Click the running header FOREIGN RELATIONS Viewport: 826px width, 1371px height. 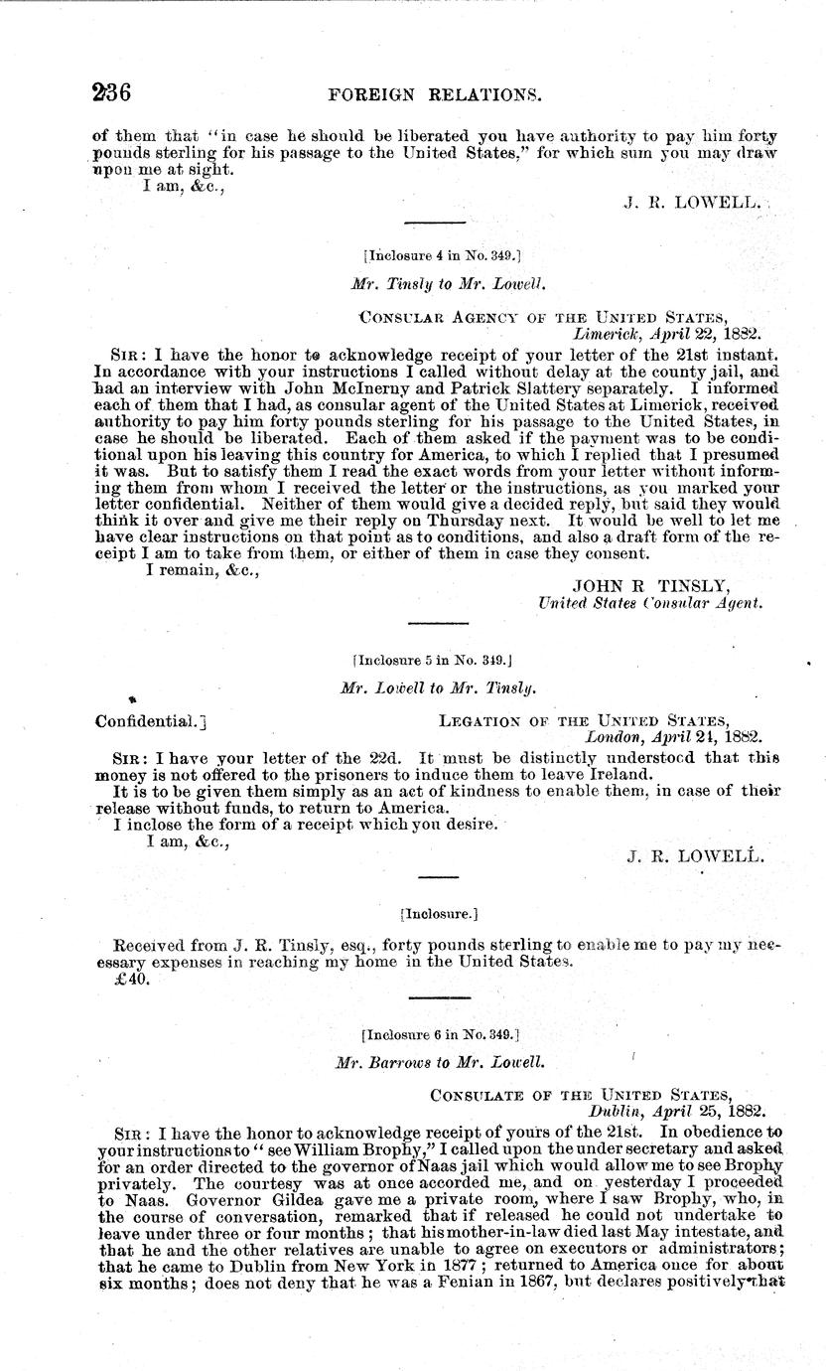click(444, 95)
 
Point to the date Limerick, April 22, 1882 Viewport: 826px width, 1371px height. click(666, 334)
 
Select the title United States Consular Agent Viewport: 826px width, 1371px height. click(650, 602)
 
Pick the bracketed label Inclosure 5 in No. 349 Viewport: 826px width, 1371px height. click(432, 659)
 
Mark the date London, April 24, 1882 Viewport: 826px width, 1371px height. click(672, 737)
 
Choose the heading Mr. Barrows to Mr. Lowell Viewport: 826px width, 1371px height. click(440, 1062)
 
